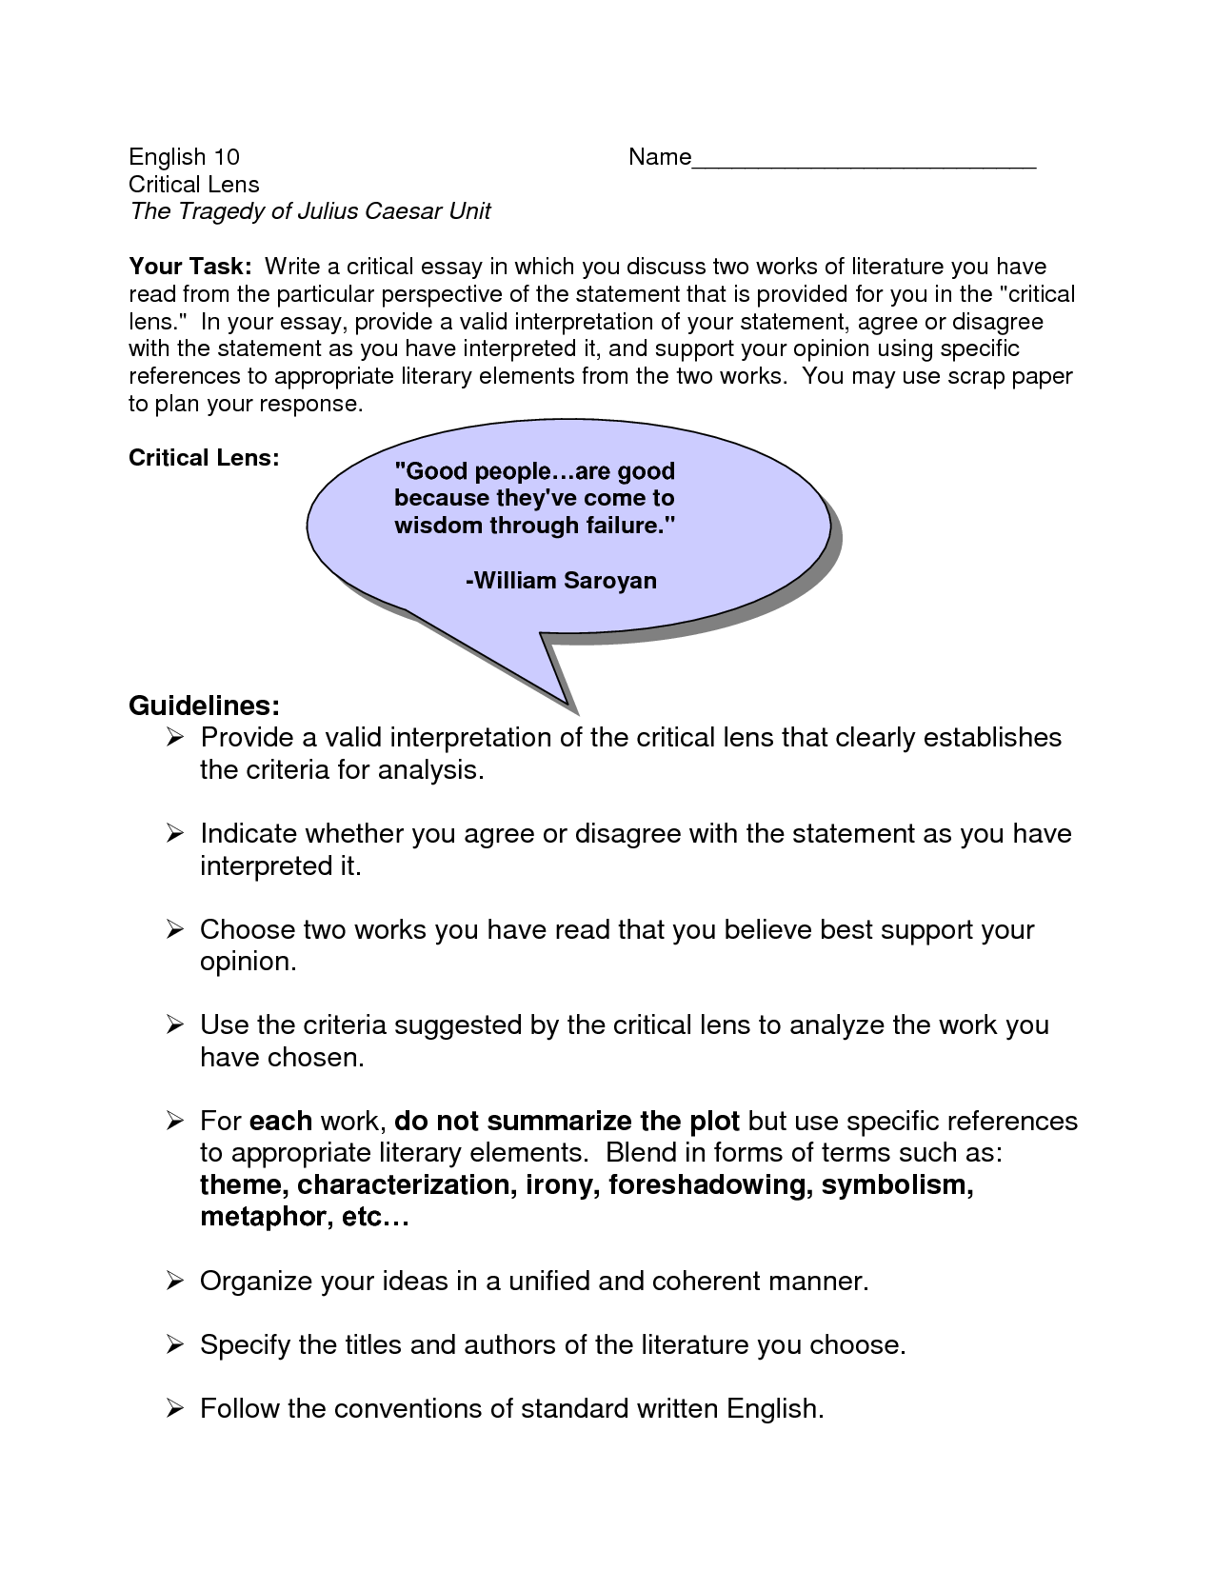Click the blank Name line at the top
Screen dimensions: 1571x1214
[x=863, y=162]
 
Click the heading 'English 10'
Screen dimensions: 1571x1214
[x=184, y=157]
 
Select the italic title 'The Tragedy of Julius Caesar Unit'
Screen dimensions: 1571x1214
[x=309, y=211]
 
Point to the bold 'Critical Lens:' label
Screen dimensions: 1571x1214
[x=204, y=458]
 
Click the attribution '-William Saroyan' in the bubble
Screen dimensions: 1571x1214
[x=561, y=581]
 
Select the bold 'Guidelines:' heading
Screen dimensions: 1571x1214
[x=204, y=706]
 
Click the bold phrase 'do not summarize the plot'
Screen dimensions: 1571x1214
[x=567, y=1122]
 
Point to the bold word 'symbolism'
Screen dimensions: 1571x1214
[x=897, y=1185]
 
